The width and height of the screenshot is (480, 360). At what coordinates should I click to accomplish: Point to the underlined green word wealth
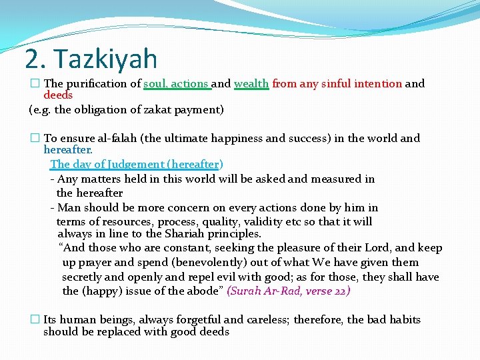[251, 84]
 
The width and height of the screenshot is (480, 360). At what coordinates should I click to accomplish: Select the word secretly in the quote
[83, 277]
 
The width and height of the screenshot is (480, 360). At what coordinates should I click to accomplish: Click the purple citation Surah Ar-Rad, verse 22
[289, 291]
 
